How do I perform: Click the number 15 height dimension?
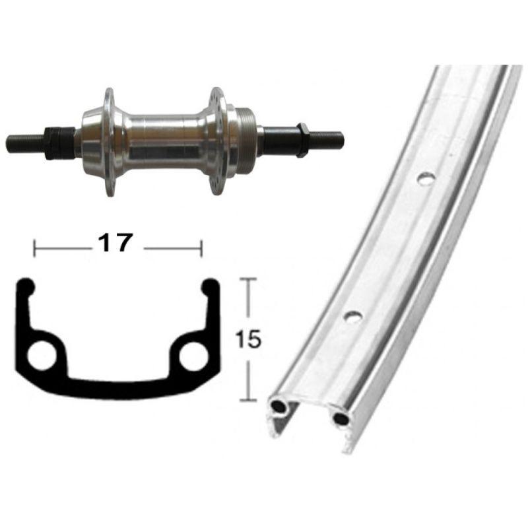tap(249, 339)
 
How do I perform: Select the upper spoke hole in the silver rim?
tap(426, 178)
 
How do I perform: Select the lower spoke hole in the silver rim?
tap(353, 316)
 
